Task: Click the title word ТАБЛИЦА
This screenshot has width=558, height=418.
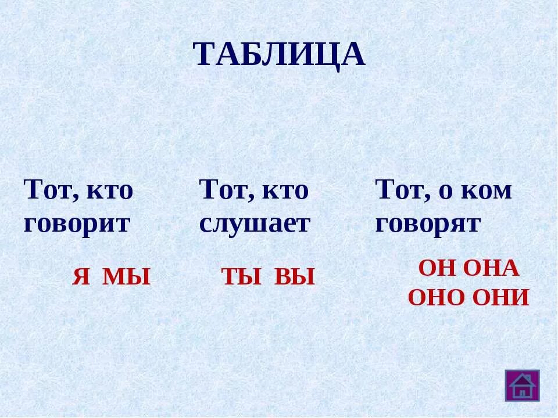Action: [x=279, y=55]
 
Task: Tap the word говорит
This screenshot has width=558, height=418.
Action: [x=77, y=224]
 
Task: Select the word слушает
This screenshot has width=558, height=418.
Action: [x=255, y=224]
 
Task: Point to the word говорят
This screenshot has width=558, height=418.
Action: [x=428, y=224]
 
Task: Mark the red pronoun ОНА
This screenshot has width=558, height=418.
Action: [x=489, y=269]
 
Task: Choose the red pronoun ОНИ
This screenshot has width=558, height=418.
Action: [x=499, y=298]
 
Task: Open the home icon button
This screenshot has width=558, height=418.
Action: [x=521, y=385]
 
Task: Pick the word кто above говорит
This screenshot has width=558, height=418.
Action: [x=110, y=190]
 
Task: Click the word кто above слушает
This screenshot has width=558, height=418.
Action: [x=286, y=190]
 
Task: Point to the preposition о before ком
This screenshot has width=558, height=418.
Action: [x=445, y=192]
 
